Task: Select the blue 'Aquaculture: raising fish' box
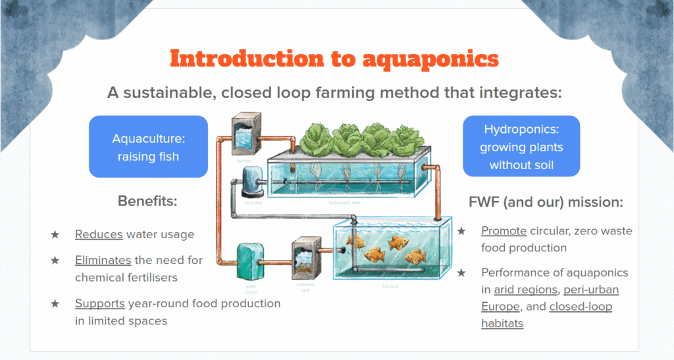pyautogui.click(x=148, y=147)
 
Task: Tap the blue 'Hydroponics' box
pyautogui.click(x=521, y=147)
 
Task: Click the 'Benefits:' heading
pyautogui.click(x=147, y=201)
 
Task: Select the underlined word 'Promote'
pyautogui.click(x=504, y=231)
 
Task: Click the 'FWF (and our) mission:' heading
pyautogui.click(x=545, y=202)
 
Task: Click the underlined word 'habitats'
pyautogui.click(x=502, y=324)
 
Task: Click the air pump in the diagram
pyautogui.click(x=252, y=182)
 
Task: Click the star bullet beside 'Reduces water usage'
pyautogui.click(x=55, y=234)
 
